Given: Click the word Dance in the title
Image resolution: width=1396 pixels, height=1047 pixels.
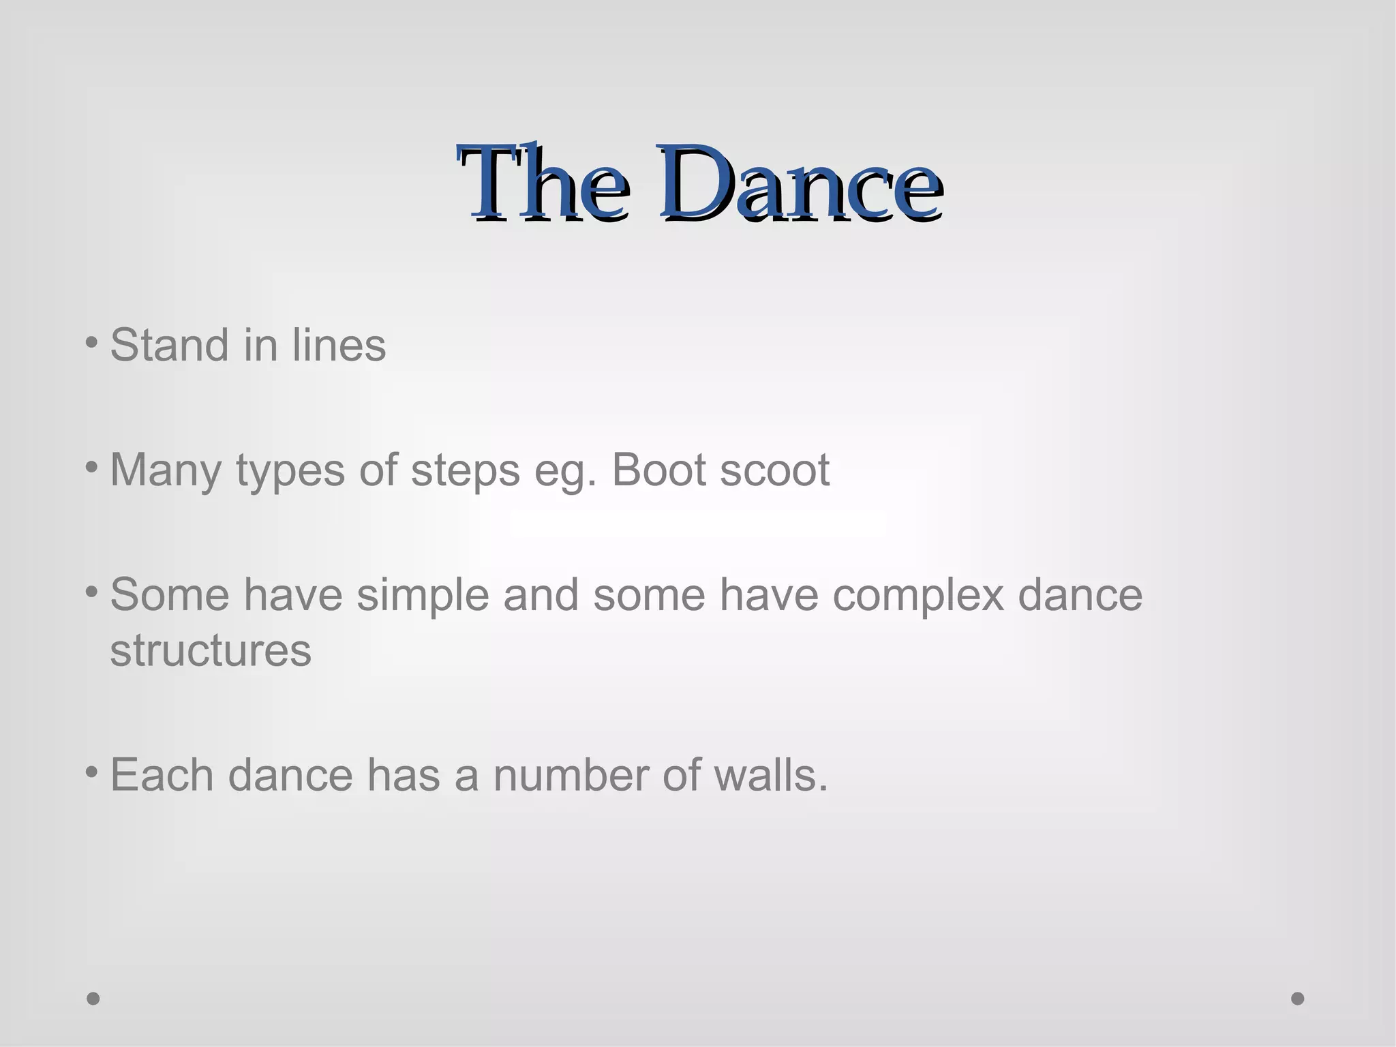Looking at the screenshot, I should tap(800, 183).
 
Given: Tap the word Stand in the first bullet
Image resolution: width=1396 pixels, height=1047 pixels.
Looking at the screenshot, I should tap(169, 345).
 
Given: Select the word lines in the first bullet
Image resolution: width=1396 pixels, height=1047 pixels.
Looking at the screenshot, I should tap(339, 345).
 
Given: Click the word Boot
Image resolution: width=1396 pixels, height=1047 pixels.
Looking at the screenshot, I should tap(659, 470).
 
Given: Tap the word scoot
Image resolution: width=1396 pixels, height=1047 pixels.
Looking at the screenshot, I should tap(775, 470).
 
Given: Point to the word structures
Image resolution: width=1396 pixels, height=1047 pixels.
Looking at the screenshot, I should tap(211, 651).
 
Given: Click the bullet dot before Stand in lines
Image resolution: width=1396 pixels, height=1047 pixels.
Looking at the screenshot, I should tap(92, 342).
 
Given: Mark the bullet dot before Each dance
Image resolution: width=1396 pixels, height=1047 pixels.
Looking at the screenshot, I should tap(92, 772).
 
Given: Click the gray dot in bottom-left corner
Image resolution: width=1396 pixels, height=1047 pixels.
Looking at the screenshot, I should tap(93, 999).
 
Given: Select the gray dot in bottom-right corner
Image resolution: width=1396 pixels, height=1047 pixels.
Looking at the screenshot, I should tap(1298, 999).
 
